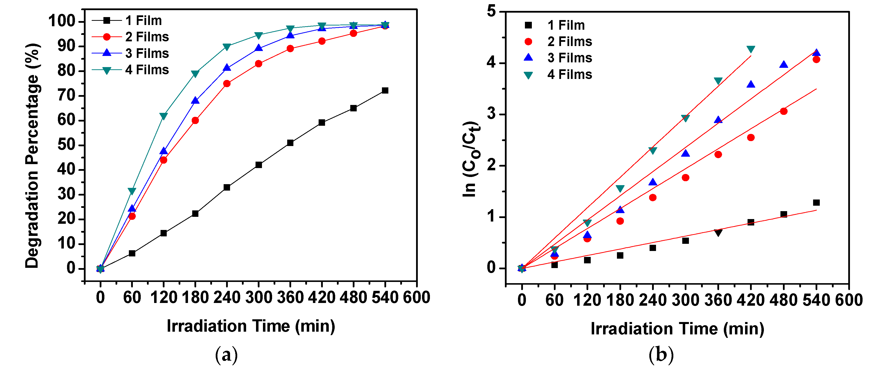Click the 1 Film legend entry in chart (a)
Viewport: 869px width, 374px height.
143,21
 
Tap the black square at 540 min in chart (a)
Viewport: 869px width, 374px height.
385,90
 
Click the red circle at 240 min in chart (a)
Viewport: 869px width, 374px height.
227,83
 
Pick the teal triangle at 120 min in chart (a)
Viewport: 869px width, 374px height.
164,116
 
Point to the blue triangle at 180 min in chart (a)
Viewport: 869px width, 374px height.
195,100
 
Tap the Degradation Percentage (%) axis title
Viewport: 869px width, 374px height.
33,155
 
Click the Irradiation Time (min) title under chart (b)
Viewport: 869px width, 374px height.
677,329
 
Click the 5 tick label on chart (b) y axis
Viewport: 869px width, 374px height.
492,12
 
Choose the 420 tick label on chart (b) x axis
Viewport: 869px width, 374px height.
750,300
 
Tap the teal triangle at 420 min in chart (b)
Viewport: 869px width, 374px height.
751,49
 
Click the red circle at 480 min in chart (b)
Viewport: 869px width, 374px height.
784,111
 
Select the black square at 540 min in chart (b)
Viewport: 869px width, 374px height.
816,202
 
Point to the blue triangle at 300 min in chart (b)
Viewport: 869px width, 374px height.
685,153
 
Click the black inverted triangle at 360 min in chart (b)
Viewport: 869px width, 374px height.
718,233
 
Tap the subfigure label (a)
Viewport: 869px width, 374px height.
226,355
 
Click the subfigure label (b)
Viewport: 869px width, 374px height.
661,355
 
